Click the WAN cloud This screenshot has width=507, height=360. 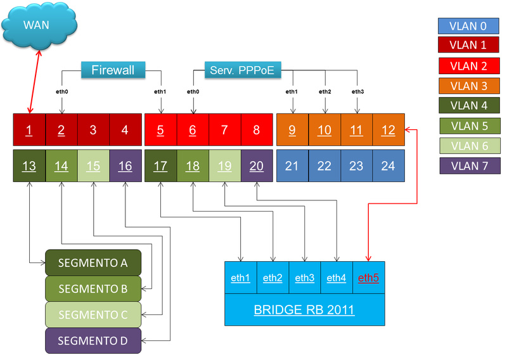coord(39,26)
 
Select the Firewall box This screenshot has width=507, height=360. coord(113,70)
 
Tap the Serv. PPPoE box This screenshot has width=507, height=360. coord(242,70)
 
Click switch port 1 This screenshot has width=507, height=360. coord(29,131)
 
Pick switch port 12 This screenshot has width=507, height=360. coord(388,131)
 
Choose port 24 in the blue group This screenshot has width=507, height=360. coord(388,166)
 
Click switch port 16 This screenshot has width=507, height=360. coord(125,166)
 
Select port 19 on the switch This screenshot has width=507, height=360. coord(225,166)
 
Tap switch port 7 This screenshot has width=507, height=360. coord(225,131)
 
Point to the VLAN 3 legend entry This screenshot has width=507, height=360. coord(468,86)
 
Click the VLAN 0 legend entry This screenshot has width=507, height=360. coord(468,26)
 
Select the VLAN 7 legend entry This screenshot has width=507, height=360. coord(468,166)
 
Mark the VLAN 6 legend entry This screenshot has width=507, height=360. coord(468,146)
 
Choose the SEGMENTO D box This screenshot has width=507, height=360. coord(93,340)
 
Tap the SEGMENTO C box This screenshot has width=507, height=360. coord(93,314)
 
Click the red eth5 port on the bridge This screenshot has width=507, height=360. coord(368,278)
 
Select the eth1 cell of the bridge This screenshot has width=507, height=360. coord(241,278)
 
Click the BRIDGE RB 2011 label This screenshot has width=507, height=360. coord(304,310)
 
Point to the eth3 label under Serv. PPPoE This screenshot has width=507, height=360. coord(357,92)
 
